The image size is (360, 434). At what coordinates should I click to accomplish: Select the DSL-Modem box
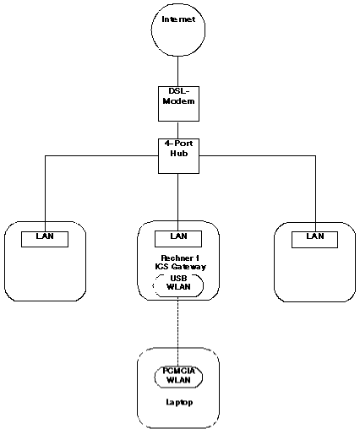[x=178, y=104]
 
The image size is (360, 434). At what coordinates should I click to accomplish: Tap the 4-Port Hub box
[x=178, y=156]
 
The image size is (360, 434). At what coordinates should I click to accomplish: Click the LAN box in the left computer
[x=45, y=239]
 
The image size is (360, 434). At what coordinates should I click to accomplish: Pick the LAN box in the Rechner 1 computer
[x=178, y=239]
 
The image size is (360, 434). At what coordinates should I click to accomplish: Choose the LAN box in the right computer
[x=314, y=240]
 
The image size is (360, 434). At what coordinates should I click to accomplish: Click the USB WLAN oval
[x=178, y=285]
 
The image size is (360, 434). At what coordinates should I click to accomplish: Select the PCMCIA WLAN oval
[x=178, y=377]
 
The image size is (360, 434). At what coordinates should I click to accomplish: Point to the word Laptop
[x=179, y=402]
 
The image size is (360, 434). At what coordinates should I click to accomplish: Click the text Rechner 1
[x=180, y=258]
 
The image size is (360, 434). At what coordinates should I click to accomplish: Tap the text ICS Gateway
[x=180, y=267]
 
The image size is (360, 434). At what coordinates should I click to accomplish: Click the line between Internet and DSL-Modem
[x=178, y=72]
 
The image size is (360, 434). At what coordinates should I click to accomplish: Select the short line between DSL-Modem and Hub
[x=178, y=130]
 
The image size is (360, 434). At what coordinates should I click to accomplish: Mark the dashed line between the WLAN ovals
[x=178, y=333]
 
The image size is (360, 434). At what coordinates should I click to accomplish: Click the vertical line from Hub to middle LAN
[x=178, y=203]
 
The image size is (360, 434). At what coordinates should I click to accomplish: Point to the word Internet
[x=178, y=19]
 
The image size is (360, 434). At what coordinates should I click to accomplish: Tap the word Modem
[x=178, y=101]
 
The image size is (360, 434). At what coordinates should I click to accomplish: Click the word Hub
[x=179, y=154]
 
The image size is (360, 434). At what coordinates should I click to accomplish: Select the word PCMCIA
[x=178, y=371]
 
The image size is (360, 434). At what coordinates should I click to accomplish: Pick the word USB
[x=178, y=279]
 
